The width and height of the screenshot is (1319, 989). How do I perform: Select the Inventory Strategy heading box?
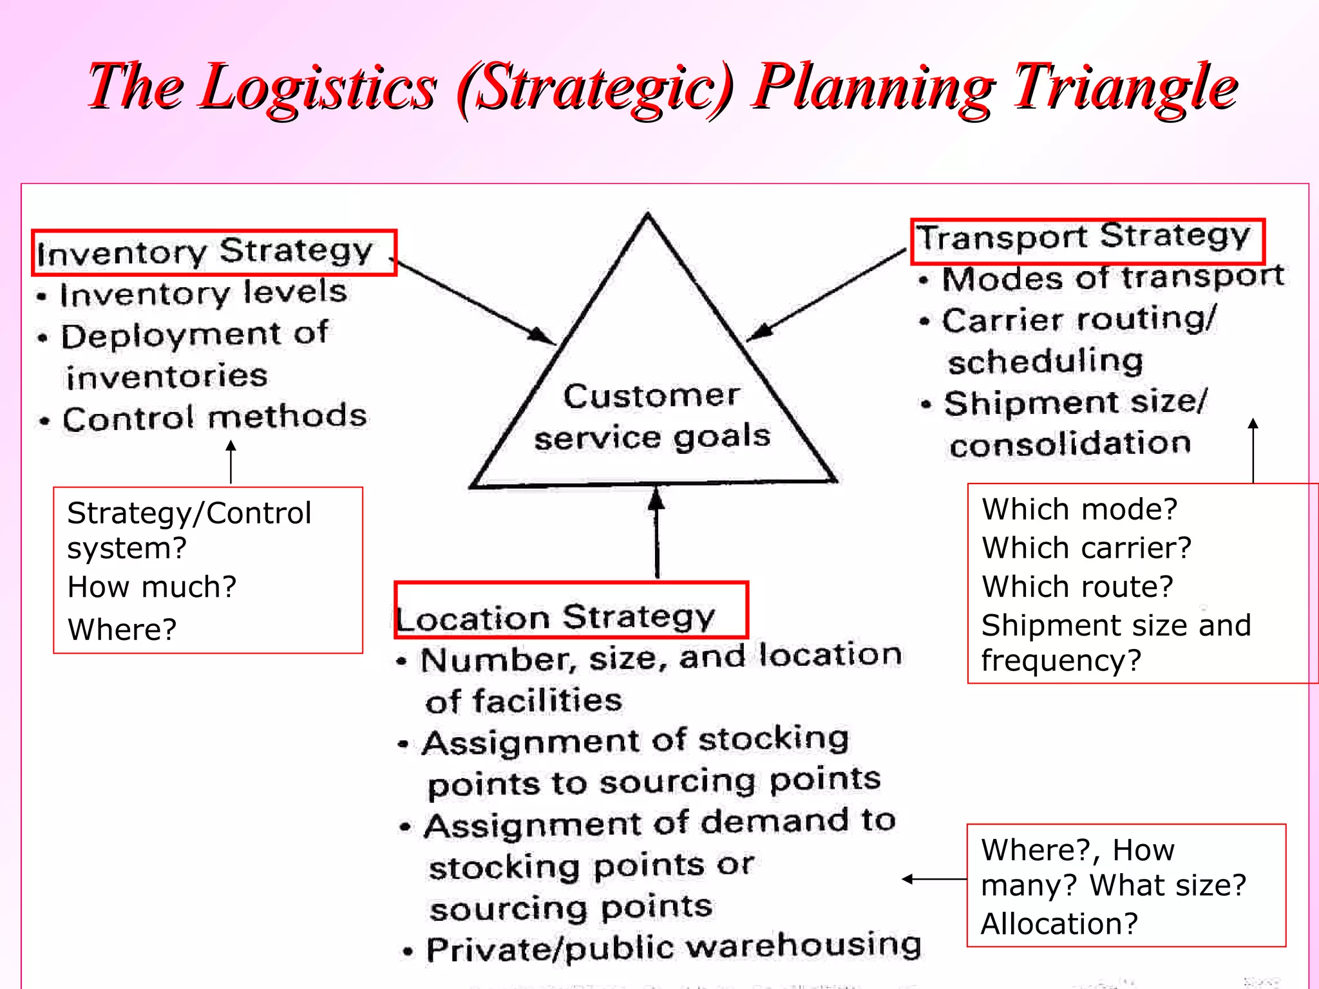[x=214, y=252]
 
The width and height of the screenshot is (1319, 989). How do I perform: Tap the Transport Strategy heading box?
[x=1087, y=240]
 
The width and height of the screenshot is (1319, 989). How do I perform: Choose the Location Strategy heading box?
[x=570, y=610]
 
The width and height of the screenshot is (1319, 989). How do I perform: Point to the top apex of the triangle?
[x=648, y=216]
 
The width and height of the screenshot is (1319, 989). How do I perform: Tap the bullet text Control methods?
[x=214, y=418]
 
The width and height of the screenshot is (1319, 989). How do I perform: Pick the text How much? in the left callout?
[x=152, y=587]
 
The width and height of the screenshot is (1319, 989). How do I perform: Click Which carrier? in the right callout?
[x=1087, y=548]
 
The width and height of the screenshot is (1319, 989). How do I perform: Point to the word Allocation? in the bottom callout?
[x=1059, y=923]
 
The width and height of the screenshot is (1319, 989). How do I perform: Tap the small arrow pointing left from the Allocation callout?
[x=934, y=879]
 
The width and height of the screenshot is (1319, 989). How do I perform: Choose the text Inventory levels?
[x=204, y=293]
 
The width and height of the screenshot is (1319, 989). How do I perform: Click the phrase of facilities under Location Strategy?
[x=524, y=701]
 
